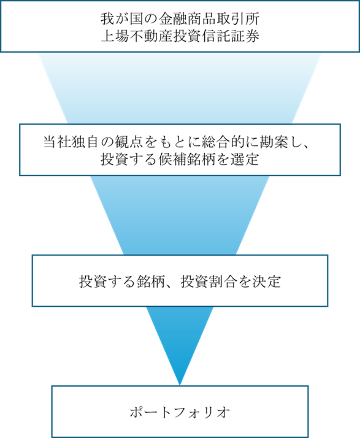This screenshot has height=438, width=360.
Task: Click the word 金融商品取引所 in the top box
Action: click(x=209, y=19)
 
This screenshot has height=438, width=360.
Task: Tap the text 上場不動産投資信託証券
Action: click(x=180, y=36)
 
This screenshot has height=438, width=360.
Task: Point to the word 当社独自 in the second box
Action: click(x=72, y=142)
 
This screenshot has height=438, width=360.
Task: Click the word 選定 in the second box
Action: click(x=245, y=159)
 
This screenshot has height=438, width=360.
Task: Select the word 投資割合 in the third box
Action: click(x=209, y=282)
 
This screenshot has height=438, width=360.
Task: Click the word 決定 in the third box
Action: click(x=267, y=282)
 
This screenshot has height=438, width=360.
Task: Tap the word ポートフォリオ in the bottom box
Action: click(x=180, y=412)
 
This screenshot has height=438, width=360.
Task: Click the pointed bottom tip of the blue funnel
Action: click(x=180, y=385)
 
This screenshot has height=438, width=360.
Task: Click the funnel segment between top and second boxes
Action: click(x=180, y=88)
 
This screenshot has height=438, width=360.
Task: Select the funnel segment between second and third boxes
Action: click(x=180, y=215)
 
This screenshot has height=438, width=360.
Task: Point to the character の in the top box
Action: click(x=151, y=19)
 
